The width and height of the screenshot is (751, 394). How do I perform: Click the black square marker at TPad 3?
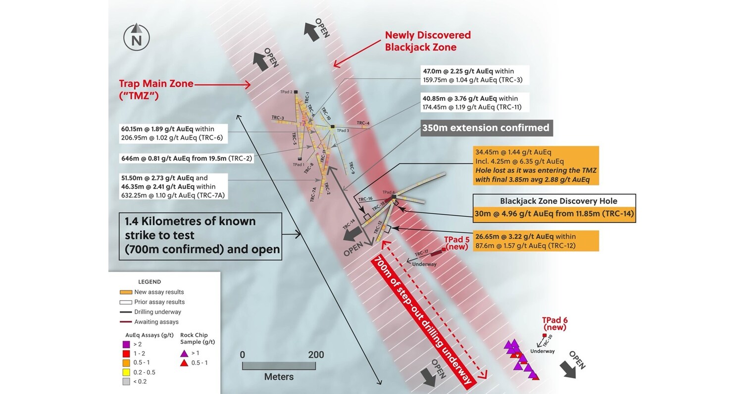[333, 126]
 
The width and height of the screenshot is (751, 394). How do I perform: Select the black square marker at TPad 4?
[394, 197]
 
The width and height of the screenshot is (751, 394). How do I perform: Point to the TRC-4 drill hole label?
[363, 123]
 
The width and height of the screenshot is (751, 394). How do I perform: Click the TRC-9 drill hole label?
[351, 168]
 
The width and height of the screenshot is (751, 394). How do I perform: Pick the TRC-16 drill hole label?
[365, 199]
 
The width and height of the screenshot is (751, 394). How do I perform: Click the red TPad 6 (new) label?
[554, 324]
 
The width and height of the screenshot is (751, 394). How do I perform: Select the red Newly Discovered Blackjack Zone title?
[428, 41]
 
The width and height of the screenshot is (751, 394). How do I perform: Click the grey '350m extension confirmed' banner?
[485, 128]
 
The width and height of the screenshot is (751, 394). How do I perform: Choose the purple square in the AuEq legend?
[126, 344]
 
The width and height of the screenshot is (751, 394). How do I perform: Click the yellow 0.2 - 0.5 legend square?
[126, 372]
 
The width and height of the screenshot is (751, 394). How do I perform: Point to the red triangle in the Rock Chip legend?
[184, 363]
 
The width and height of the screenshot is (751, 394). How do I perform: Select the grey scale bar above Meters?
[279, 366]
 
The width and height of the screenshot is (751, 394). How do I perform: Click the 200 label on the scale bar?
[315, 355]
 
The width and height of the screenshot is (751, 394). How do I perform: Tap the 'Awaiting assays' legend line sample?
[126, 322]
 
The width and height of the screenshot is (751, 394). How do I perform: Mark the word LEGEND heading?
[149, 282]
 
